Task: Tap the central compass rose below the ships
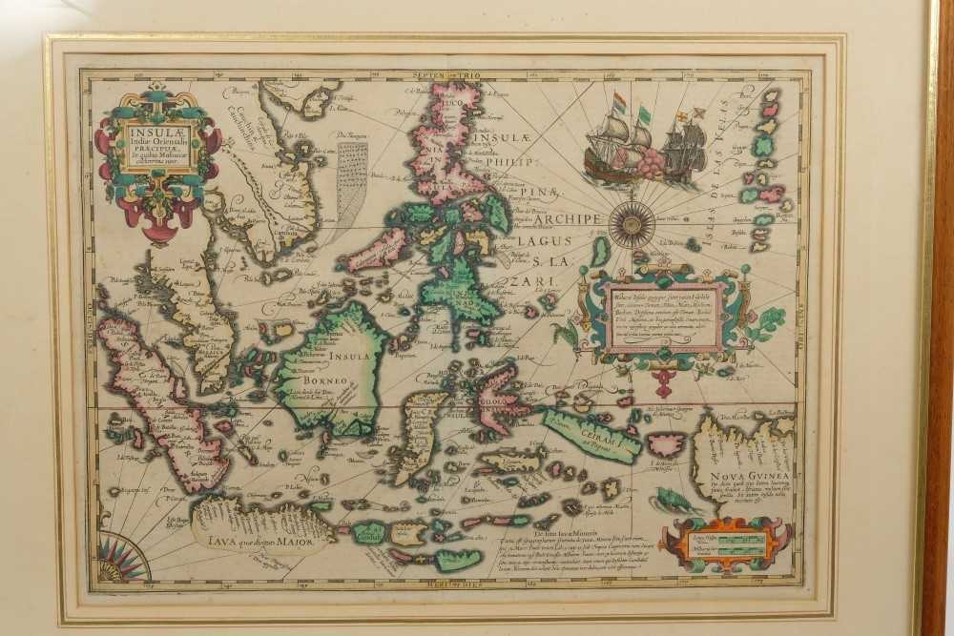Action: [x=632, y=226]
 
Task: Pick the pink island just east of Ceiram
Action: [x=666, y=443]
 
